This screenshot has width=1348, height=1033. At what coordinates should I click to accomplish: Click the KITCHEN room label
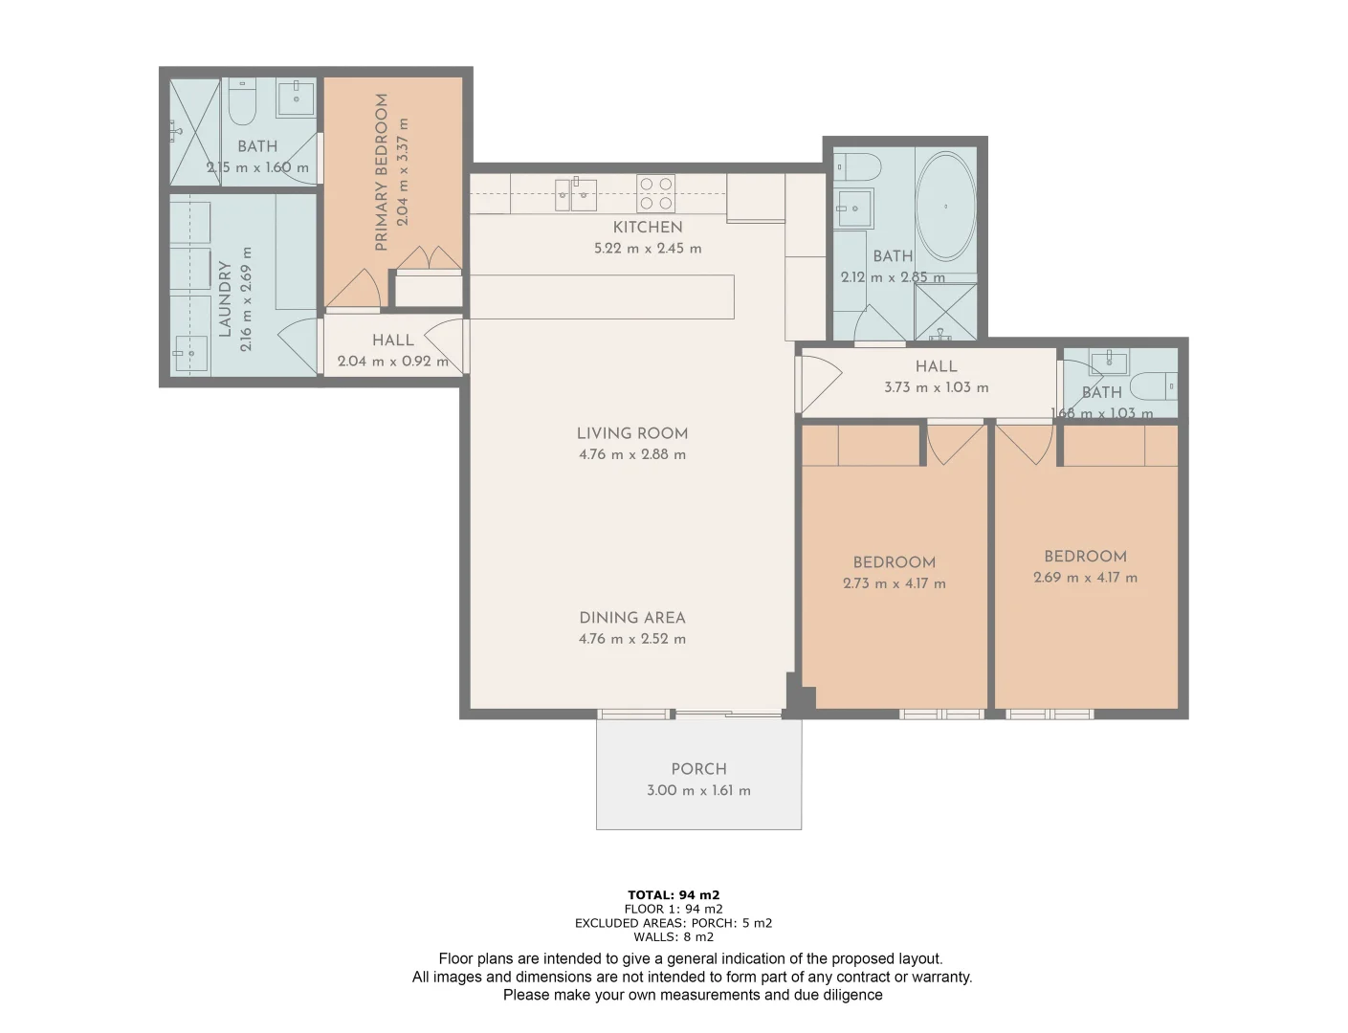click(648, 227)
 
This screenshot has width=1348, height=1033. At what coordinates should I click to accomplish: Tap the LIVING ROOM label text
click(631, 433)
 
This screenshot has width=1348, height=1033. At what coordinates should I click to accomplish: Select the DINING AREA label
click(631, 618)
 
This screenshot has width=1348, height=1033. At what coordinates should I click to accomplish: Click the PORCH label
click(698, 769)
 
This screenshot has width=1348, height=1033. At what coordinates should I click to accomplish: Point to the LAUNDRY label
click(226, 298)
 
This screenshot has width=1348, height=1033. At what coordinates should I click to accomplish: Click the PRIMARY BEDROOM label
click(382, 172)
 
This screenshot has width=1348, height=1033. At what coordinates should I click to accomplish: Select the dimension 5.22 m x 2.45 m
click(648, 249)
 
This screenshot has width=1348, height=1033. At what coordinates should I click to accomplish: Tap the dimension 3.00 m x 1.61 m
click(698, 791)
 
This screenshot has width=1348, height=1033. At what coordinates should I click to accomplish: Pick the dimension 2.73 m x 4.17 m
click(894, 583)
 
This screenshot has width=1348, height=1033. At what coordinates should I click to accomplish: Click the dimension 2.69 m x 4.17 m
click(1085, 578)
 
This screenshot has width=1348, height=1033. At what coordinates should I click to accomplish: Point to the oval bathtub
click(945, 206)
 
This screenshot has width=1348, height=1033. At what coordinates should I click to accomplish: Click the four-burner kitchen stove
click(655, 193)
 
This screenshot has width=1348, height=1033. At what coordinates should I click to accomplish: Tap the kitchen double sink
click(576, 194)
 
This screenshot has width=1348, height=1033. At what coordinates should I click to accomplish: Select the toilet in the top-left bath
click(243, 103)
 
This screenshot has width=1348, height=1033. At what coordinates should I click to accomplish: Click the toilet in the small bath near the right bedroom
click(1152, 385)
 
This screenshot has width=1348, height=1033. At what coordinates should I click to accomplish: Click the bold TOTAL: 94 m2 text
click(674, 895)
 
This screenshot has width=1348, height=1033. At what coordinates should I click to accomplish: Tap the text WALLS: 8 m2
click(674, 937)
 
